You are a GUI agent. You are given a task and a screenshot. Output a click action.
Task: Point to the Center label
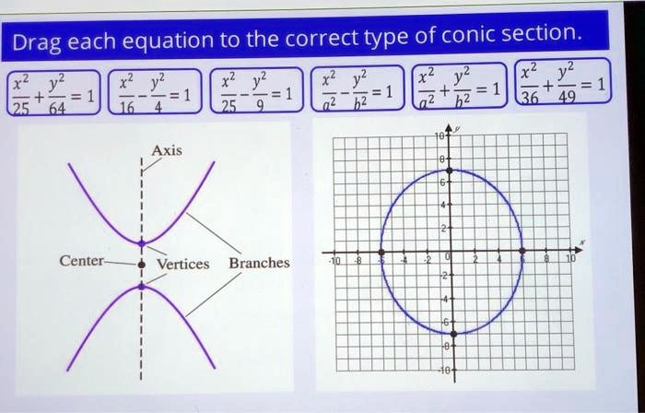[81, 261]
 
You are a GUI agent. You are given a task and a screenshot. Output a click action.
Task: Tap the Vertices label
[182, 264]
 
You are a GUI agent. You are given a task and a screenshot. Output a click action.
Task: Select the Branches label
[259, 263]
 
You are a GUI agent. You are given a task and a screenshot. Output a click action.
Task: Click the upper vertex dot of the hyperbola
[141, 244]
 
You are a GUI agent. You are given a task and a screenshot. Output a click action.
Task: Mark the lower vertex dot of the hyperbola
[141, 286]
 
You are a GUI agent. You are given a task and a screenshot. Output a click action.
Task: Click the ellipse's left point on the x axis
[381, 251]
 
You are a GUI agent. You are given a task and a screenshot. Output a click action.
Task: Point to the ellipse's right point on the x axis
[522, 251]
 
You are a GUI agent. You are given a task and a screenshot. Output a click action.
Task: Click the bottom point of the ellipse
[452, 332]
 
